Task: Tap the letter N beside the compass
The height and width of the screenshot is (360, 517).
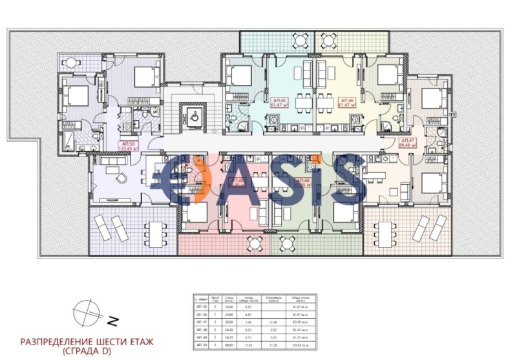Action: (x=112, y=320)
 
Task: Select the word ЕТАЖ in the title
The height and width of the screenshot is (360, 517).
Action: (x=137, y=341)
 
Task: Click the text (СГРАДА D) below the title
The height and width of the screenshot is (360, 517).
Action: (x=89, y=352)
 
